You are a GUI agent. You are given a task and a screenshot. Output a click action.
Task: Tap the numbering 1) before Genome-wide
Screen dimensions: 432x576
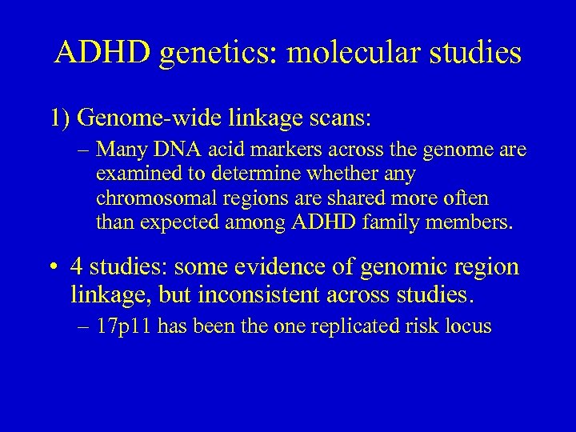(62, 118)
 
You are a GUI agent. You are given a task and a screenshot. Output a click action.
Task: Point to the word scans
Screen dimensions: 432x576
(338, 118)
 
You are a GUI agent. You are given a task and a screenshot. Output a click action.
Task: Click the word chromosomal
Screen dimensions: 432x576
(146, 198)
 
